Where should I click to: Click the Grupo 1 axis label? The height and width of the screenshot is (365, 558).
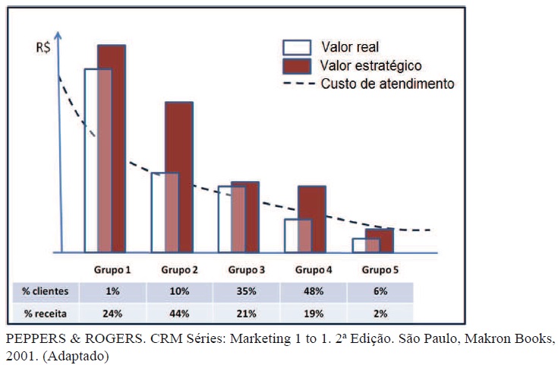(113, 269)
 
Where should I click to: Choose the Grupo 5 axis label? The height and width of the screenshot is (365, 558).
(380, 269)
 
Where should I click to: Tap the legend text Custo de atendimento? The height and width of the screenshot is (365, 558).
(387, 84)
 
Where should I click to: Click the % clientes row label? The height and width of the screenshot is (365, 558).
(46, 291)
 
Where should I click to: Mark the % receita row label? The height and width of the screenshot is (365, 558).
(46, 313)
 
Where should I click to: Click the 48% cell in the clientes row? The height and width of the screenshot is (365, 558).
(314, 291)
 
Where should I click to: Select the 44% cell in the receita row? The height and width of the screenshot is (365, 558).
(180, 313)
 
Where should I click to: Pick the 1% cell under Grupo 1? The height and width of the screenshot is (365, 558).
(113, 291)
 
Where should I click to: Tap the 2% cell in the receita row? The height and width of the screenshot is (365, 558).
(380, 313)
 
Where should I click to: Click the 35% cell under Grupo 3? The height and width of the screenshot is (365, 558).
(247, 291)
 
